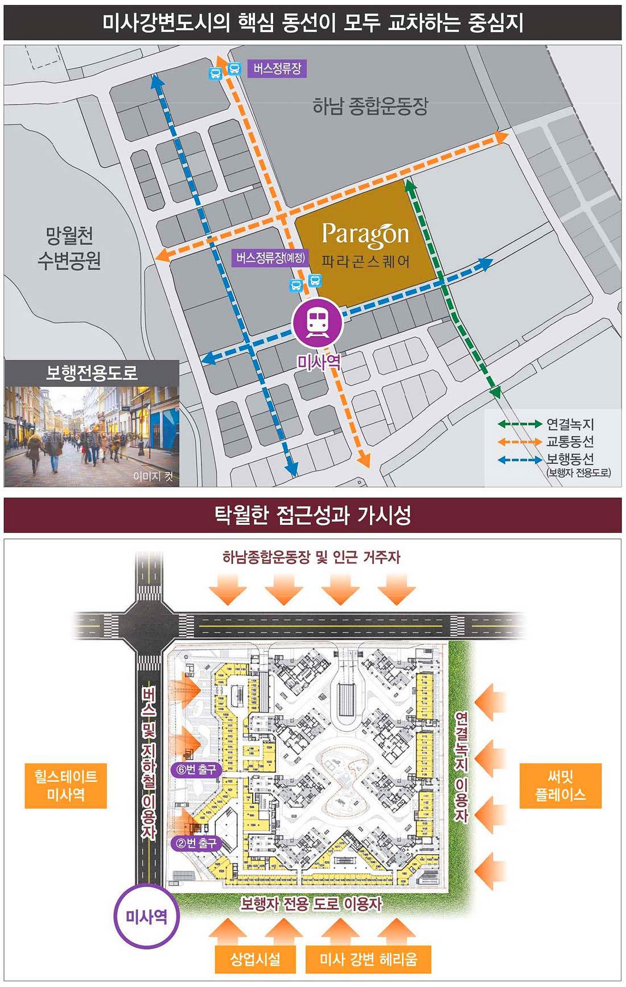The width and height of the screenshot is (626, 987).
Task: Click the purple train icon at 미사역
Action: pos(317,322)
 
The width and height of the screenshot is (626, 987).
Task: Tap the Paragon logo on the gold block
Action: pos(365,234)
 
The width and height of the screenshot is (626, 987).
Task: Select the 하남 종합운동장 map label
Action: pos(370,106)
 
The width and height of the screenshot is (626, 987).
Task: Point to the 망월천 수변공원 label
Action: pos(69,248)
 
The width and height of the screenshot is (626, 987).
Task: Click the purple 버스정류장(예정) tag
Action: pos(271,258)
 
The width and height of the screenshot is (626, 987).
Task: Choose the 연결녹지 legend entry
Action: pos(570,424)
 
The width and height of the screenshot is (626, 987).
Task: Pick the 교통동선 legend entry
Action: pos(570,441)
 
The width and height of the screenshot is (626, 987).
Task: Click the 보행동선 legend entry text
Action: pos(570,458)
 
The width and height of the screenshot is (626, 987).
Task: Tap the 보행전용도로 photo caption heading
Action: pos(92,373)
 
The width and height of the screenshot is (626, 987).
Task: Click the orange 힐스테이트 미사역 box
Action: pos(66,786)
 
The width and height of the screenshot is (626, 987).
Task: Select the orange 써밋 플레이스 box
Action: pos(561,786)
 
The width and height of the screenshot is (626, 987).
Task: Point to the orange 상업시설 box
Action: pos(256,960)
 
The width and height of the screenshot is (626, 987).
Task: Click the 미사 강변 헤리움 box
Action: pos(368,960)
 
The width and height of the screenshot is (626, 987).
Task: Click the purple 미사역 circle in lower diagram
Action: pos(146,917)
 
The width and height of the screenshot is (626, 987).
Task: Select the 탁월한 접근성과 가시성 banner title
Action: pos(312,515)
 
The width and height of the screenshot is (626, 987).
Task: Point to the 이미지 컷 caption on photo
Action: pos(153,476)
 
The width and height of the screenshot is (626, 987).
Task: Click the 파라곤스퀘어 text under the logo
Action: pos(365,262)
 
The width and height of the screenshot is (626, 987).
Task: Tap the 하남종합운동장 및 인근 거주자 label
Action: pos(311,557)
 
